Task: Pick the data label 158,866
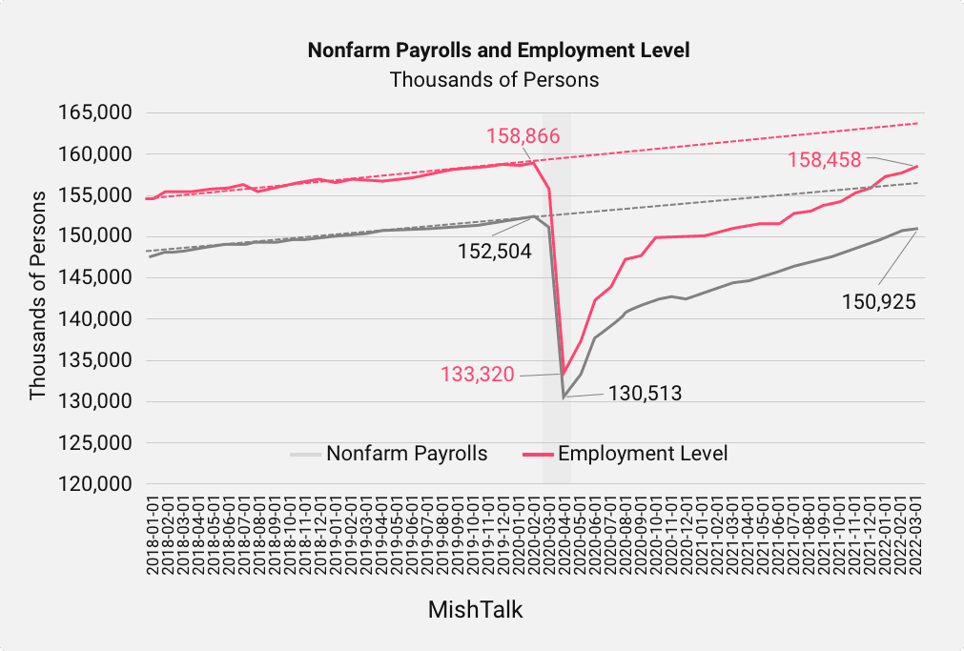523,135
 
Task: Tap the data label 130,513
646,392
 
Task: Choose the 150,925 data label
878,302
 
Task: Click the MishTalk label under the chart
475,609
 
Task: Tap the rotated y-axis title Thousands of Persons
38,295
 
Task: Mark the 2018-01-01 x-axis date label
152,535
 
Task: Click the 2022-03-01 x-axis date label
917,535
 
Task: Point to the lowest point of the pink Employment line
564,375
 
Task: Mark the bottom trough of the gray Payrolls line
564,397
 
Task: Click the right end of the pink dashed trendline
917,123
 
